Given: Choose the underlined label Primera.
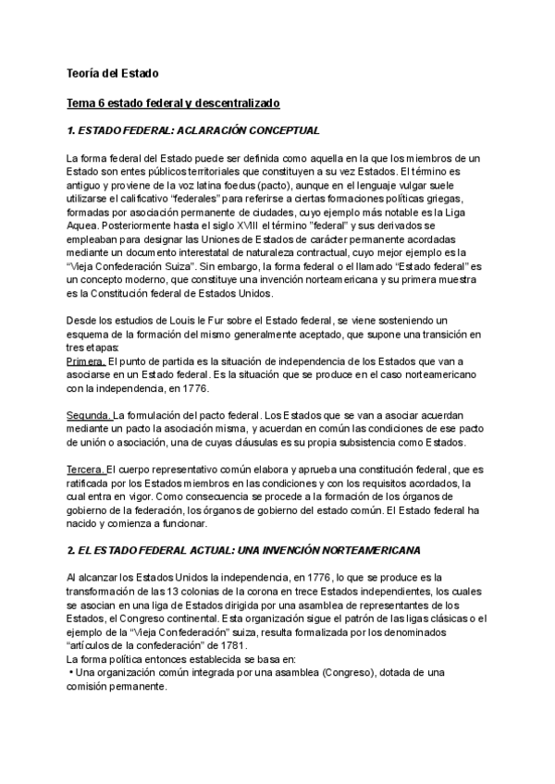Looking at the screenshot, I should (x=88, y=360).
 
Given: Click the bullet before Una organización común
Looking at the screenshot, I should (x=70, y=671).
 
